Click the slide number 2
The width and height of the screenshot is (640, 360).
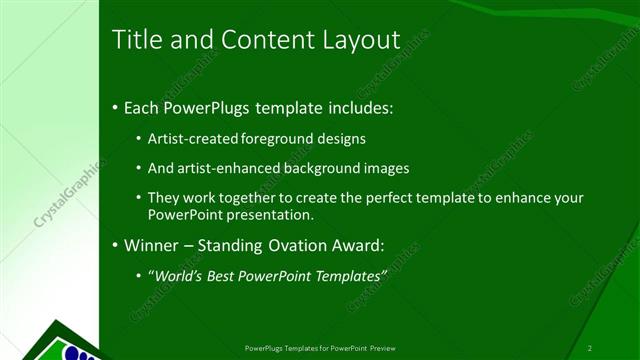pyautogui.click(x=590, y=347)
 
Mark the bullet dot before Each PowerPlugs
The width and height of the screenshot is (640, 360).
pyautogui.click(x=115, y=106)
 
